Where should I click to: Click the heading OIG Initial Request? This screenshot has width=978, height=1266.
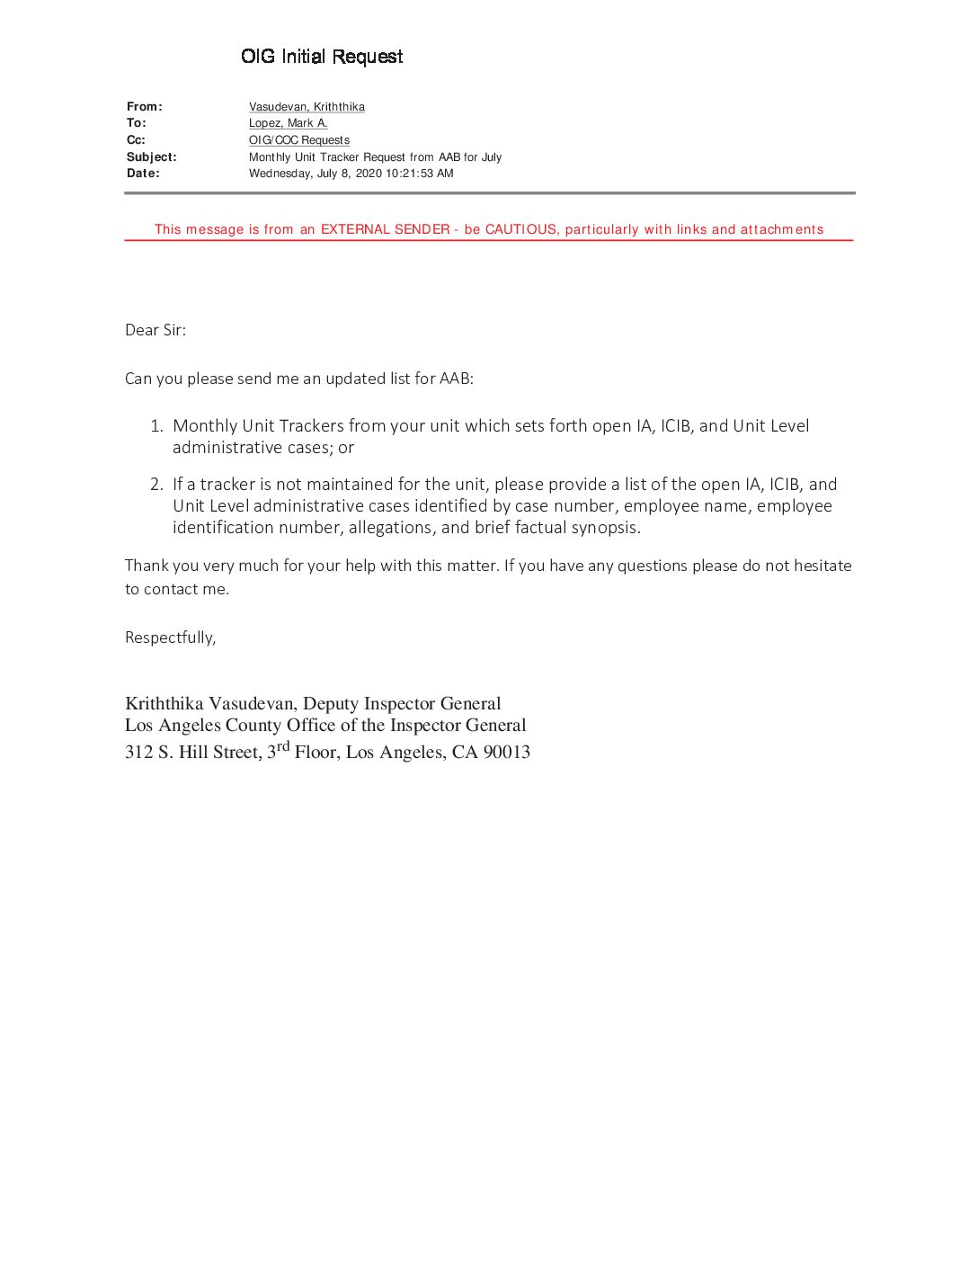tap(322, 57)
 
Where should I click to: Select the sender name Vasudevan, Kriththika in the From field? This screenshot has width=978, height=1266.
tap(307, 107)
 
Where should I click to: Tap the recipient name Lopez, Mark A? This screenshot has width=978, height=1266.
tap(288, 123)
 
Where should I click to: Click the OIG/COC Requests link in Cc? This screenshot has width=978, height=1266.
tap(298, 140)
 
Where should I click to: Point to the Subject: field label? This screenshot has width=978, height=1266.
tap(151, 157)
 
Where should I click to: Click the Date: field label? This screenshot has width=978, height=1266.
tap(143, 174)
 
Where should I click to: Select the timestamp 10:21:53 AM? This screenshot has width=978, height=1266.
tap(420, 174)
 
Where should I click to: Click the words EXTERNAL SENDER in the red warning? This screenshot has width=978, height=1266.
tap(385, 229)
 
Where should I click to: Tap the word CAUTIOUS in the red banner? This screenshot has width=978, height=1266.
tap(520, 229)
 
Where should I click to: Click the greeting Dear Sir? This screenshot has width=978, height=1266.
tap(156, 330)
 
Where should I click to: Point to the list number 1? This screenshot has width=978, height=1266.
tap(156, 426)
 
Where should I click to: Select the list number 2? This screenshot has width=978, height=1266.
tap(156, 485)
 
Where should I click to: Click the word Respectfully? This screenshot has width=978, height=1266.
tap(170, 637)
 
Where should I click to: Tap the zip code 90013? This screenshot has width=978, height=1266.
tap(506, 753)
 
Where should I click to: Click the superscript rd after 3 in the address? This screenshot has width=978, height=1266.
tap(283, 745)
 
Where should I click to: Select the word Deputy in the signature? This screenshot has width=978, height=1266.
tap(330, 704)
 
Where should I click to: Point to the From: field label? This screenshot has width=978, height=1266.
tap(144, 107)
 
